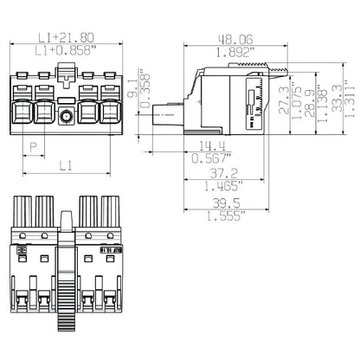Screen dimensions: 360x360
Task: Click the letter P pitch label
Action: click(34, 147)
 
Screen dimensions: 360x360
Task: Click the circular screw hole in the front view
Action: click(66, 116)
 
